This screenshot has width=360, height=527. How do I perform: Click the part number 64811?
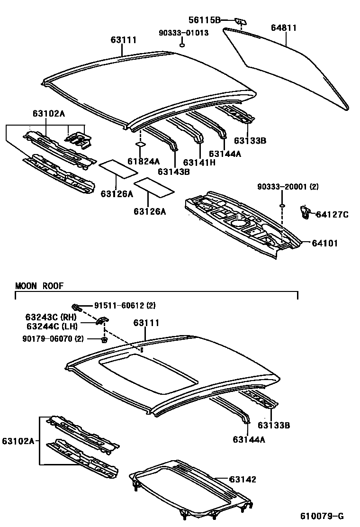[284, 28]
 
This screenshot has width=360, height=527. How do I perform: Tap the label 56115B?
[205, 19]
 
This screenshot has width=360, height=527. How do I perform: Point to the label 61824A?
[143, 162]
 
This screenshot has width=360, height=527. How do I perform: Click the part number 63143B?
[173, 172]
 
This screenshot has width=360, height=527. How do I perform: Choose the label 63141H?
[199, 162]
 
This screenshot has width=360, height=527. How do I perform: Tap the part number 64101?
[325, 243]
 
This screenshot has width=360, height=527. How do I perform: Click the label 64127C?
[332, 215]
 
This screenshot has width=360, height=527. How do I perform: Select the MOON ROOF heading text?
[39, 286]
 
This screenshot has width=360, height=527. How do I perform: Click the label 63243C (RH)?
[51, 317]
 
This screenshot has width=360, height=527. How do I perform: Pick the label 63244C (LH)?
[51, 326]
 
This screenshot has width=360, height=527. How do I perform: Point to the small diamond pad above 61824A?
[140, 144]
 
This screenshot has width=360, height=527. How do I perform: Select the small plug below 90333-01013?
[182, 45]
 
